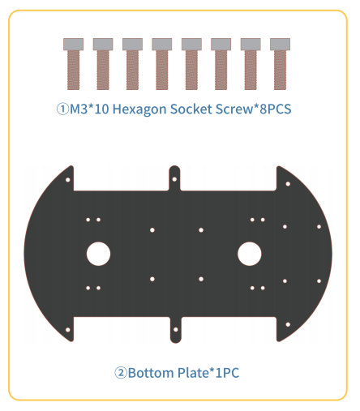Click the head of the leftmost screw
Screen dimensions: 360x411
point(73,44)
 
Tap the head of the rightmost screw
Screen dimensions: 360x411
point(280,44)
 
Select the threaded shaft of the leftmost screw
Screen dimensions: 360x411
point(73,70)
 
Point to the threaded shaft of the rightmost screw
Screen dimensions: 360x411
point(280,70)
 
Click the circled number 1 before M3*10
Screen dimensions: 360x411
point(62,109)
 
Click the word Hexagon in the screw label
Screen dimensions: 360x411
point(139,109)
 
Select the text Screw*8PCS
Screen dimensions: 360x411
point(254,109)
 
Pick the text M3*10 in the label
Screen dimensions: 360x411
point(89,109)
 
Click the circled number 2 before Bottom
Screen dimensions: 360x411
point(121,373)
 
